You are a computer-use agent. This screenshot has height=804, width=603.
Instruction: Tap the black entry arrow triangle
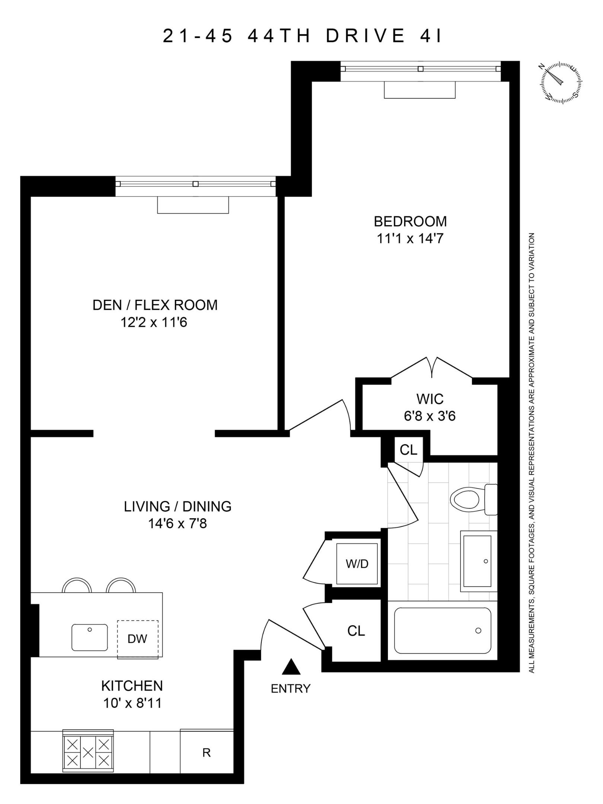pos(291,667)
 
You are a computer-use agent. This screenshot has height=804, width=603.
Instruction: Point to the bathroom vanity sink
pos(477,561)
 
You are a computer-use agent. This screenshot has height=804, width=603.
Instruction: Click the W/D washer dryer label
pos(357,564)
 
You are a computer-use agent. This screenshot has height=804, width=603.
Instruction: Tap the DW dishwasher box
pos(137,639)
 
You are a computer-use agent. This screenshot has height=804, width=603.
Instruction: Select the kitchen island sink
pos(90,637)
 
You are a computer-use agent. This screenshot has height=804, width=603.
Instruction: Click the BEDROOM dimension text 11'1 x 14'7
pos(410,239)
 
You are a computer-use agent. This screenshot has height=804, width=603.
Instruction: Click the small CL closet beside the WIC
pos(408,450)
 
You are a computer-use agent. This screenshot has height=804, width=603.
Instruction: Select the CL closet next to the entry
pos(356,631)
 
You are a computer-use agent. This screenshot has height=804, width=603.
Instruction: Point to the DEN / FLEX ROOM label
pos(155,305)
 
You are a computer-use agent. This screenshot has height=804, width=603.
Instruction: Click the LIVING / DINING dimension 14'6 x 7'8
pos(178,524)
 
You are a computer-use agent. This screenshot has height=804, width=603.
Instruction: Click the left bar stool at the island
pos(77,586)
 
